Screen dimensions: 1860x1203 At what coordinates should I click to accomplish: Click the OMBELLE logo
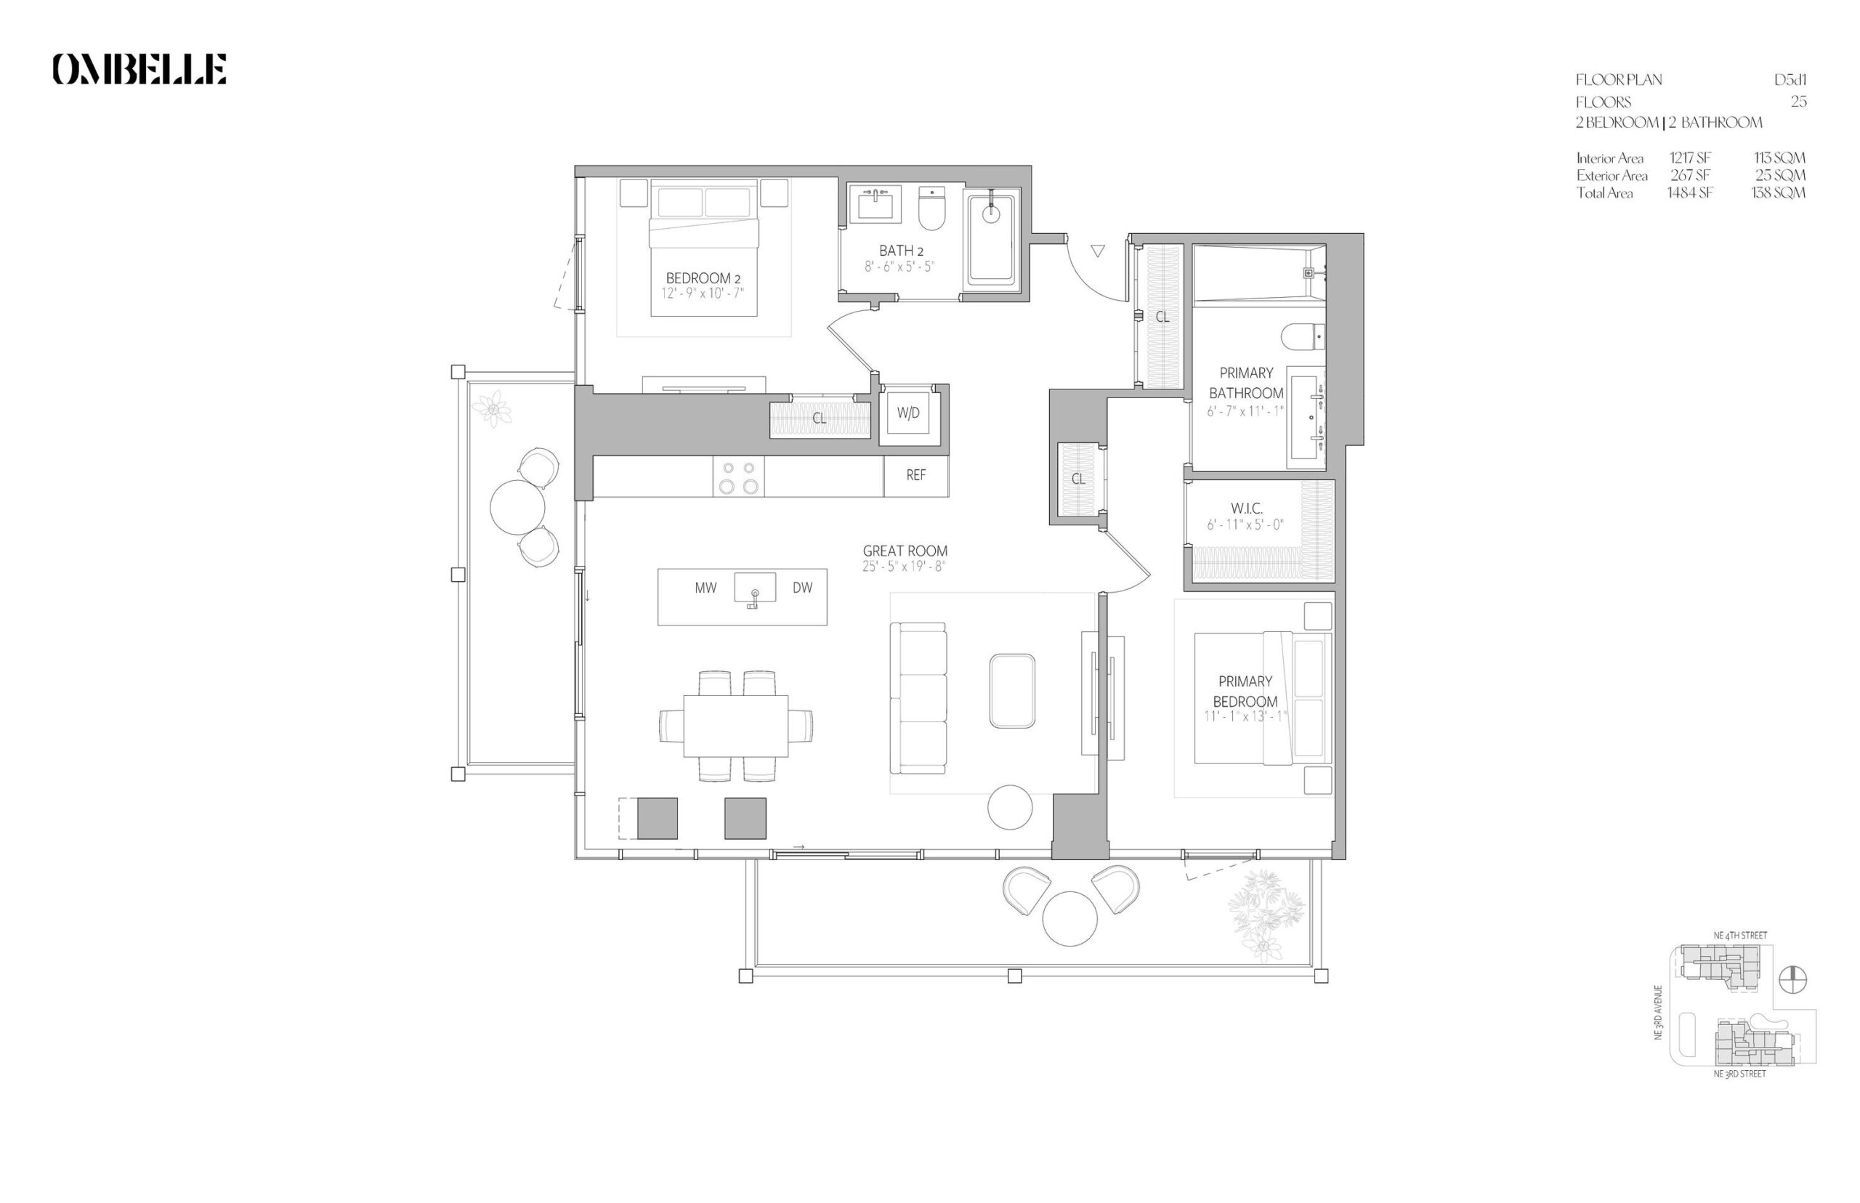pos(139,69)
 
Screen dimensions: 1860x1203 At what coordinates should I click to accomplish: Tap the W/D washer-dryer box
pos(908,413)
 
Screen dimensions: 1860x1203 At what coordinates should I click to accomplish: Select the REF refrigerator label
pos(915,475)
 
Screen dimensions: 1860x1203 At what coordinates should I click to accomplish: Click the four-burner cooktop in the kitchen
pos(738,477)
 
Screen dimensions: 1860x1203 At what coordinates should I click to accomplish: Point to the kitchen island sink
pos(755,589)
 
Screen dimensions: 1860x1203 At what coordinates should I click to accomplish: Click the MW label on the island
pos(705,588)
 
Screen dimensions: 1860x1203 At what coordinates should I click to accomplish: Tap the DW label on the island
pos(802,588)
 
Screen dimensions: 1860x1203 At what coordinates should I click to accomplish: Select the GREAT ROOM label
pos(905,551)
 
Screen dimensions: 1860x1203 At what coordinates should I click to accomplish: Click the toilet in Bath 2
pos(931,208)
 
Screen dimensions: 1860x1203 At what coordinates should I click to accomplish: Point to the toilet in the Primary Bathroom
pos(1303,336)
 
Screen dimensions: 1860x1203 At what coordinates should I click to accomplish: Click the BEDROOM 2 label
pos(703,278)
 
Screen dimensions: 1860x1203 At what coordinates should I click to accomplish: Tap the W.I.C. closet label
pos(1246,508)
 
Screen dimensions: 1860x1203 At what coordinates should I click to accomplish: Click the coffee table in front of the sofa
pos(1011,692)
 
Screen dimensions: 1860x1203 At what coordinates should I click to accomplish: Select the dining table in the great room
pos(736,726)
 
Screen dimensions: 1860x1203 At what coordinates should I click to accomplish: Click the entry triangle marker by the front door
pos(1098,251)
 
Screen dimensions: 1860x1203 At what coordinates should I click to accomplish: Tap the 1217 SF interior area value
pos(1691,158)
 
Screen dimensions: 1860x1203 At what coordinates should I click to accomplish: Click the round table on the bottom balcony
pos(1070,919)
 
